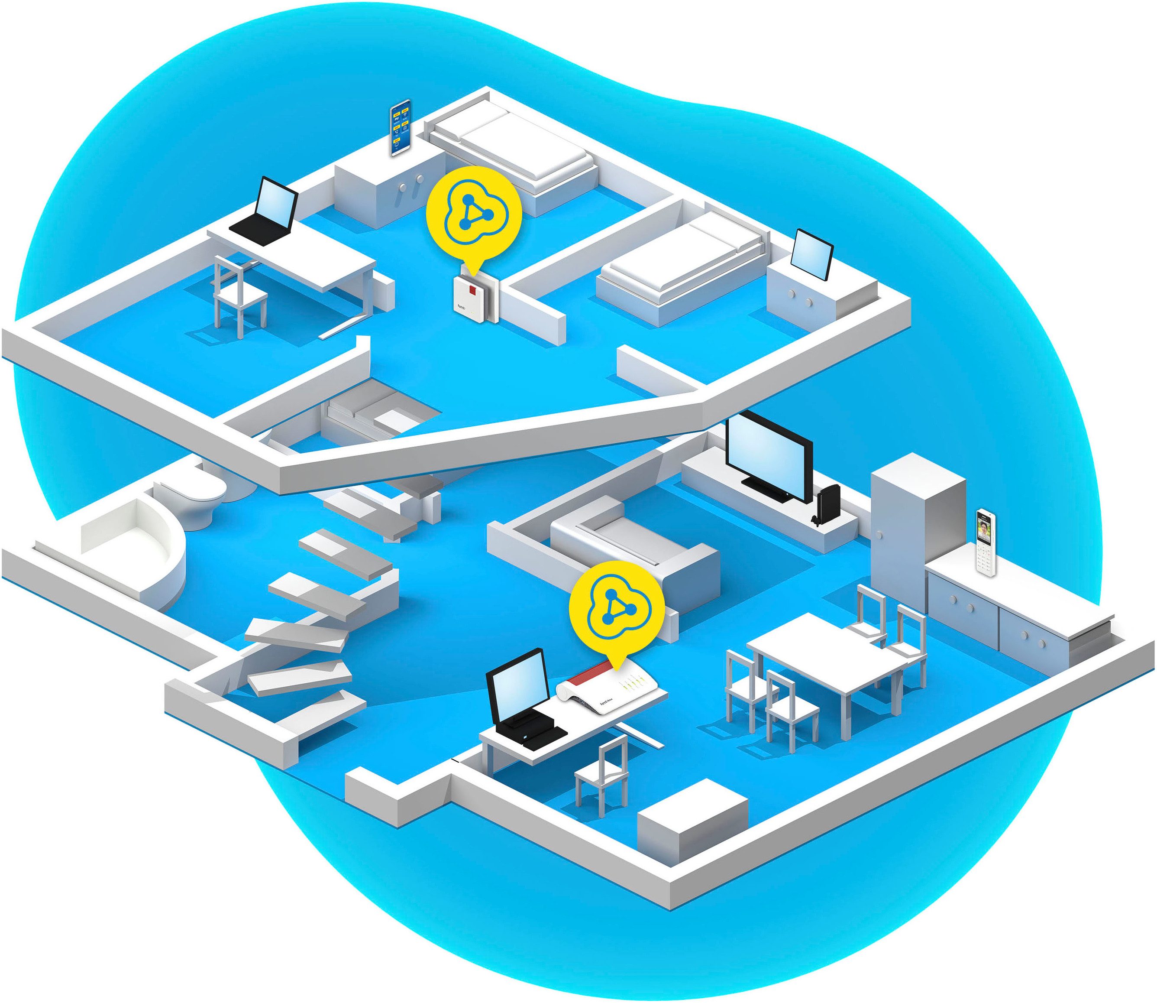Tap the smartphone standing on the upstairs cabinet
pos(400,128)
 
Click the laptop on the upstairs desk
pos(269,213)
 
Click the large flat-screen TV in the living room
pos(768,457)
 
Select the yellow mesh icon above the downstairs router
pos(616,607)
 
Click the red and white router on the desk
pos(610,688)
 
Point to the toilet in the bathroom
pos(196,495)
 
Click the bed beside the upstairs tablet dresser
pos(680,269)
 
